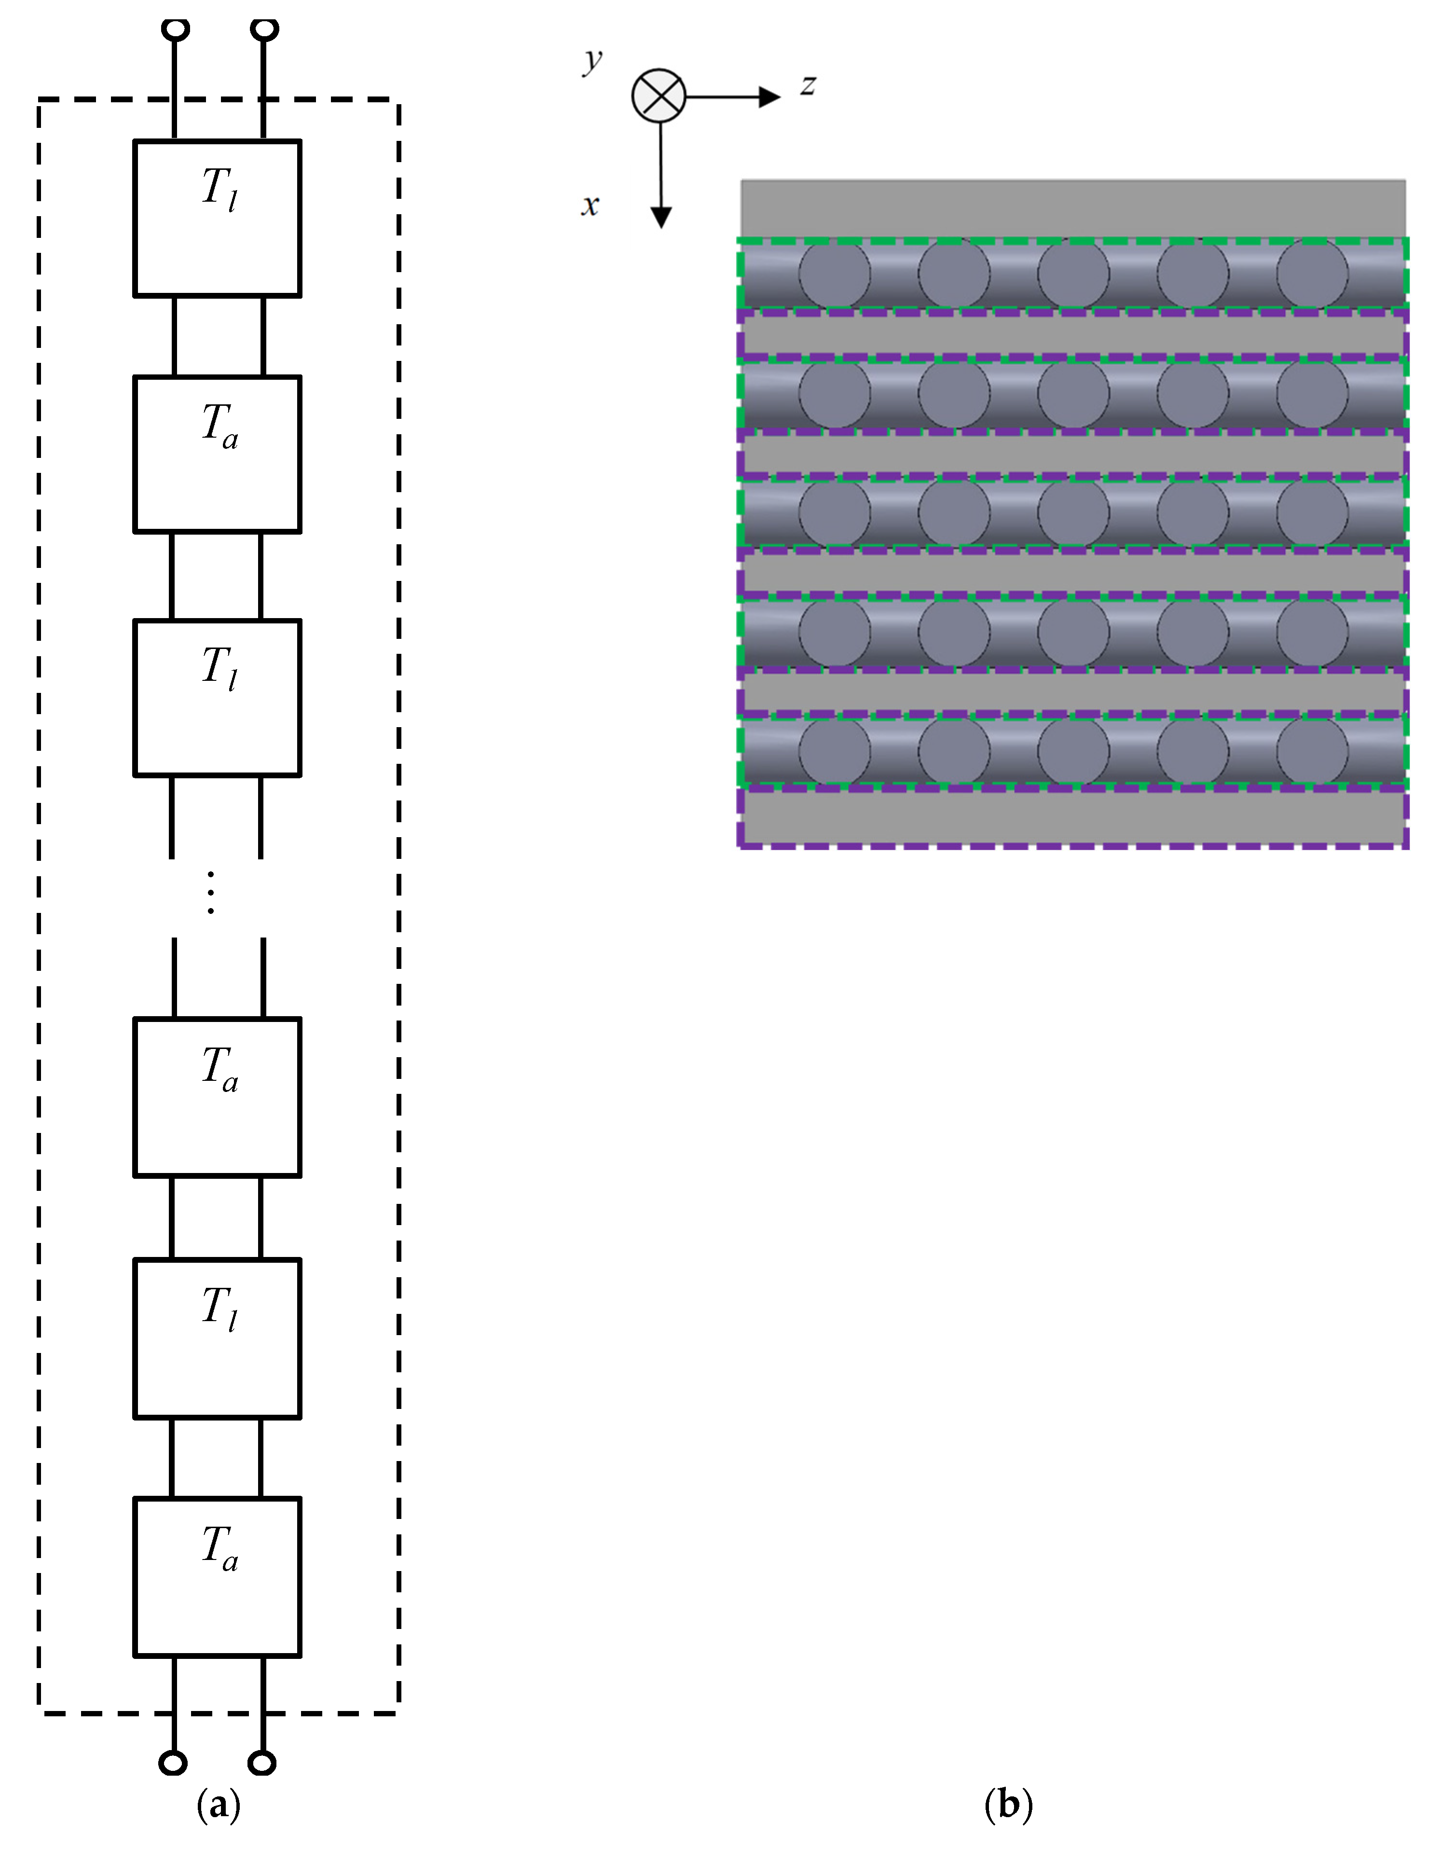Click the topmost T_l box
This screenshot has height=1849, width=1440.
(x=218, y=219)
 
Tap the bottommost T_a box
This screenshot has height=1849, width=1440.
(x=218, y=1577)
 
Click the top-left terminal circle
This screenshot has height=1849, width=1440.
(x=175, y=29)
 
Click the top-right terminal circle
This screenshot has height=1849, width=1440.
(x=265, y=29)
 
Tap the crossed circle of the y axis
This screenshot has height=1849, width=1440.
(x=658, y=96)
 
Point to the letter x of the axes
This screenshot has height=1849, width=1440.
(x=590, y=205)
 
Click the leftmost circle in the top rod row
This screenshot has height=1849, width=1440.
(x=835, y=274)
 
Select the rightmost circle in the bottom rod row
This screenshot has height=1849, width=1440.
(x=1312, y=751)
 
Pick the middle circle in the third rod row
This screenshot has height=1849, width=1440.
(x=1073, y=512)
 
